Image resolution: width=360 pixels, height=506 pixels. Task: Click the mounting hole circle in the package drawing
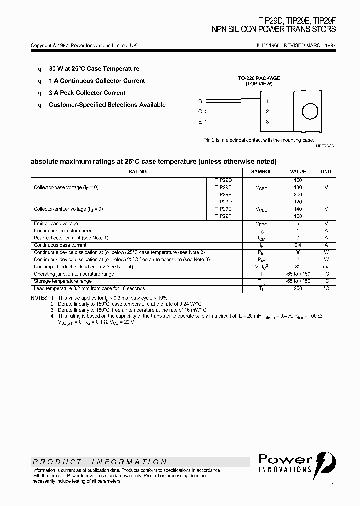pos(310,111)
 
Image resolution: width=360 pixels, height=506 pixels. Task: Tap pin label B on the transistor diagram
pos(200,101)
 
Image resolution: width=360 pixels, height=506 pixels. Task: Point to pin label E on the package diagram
pos(200,122)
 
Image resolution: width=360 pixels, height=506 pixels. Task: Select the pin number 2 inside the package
pos(267,112)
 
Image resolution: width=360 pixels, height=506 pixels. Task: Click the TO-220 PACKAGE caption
pos(259,78)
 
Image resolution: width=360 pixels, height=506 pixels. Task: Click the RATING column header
pos(137,172)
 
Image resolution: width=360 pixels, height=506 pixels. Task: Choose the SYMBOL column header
pos(261,172)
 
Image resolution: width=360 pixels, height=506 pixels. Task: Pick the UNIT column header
pos(326,172)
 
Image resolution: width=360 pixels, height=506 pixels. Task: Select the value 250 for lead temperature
pos(298,289)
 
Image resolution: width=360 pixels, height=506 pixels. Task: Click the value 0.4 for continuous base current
pos(298,245)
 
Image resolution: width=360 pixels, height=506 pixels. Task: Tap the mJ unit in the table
pos(326,267)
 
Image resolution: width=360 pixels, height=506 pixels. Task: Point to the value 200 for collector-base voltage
pos(298,195)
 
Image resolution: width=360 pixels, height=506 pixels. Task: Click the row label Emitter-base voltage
pos(56,223)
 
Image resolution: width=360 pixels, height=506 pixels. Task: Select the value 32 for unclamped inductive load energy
pos(298,267)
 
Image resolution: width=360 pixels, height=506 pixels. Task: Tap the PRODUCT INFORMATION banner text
pos(100,462)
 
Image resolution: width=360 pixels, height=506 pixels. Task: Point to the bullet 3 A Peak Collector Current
pos(87,93)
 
